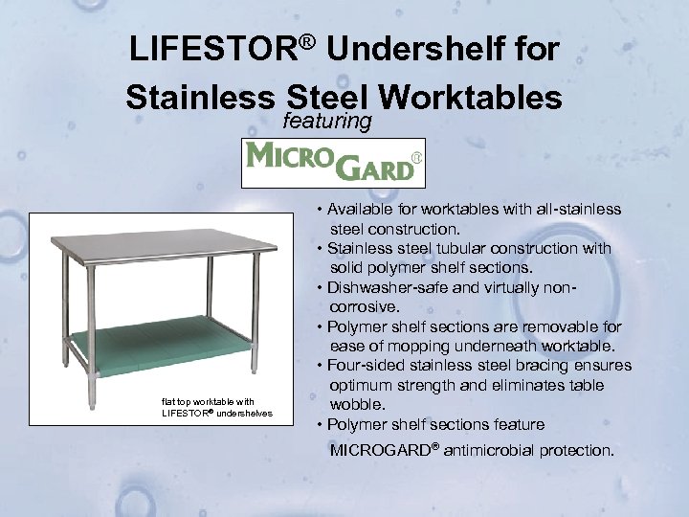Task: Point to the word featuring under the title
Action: tap(327, 122)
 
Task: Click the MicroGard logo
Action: tap(333, 164)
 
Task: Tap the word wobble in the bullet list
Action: tap(355, 404)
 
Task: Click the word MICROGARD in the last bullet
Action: tap(378, 449)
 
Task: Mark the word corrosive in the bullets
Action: tap(365, 307)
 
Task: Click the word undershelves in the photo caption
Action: tap(244, 413)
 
